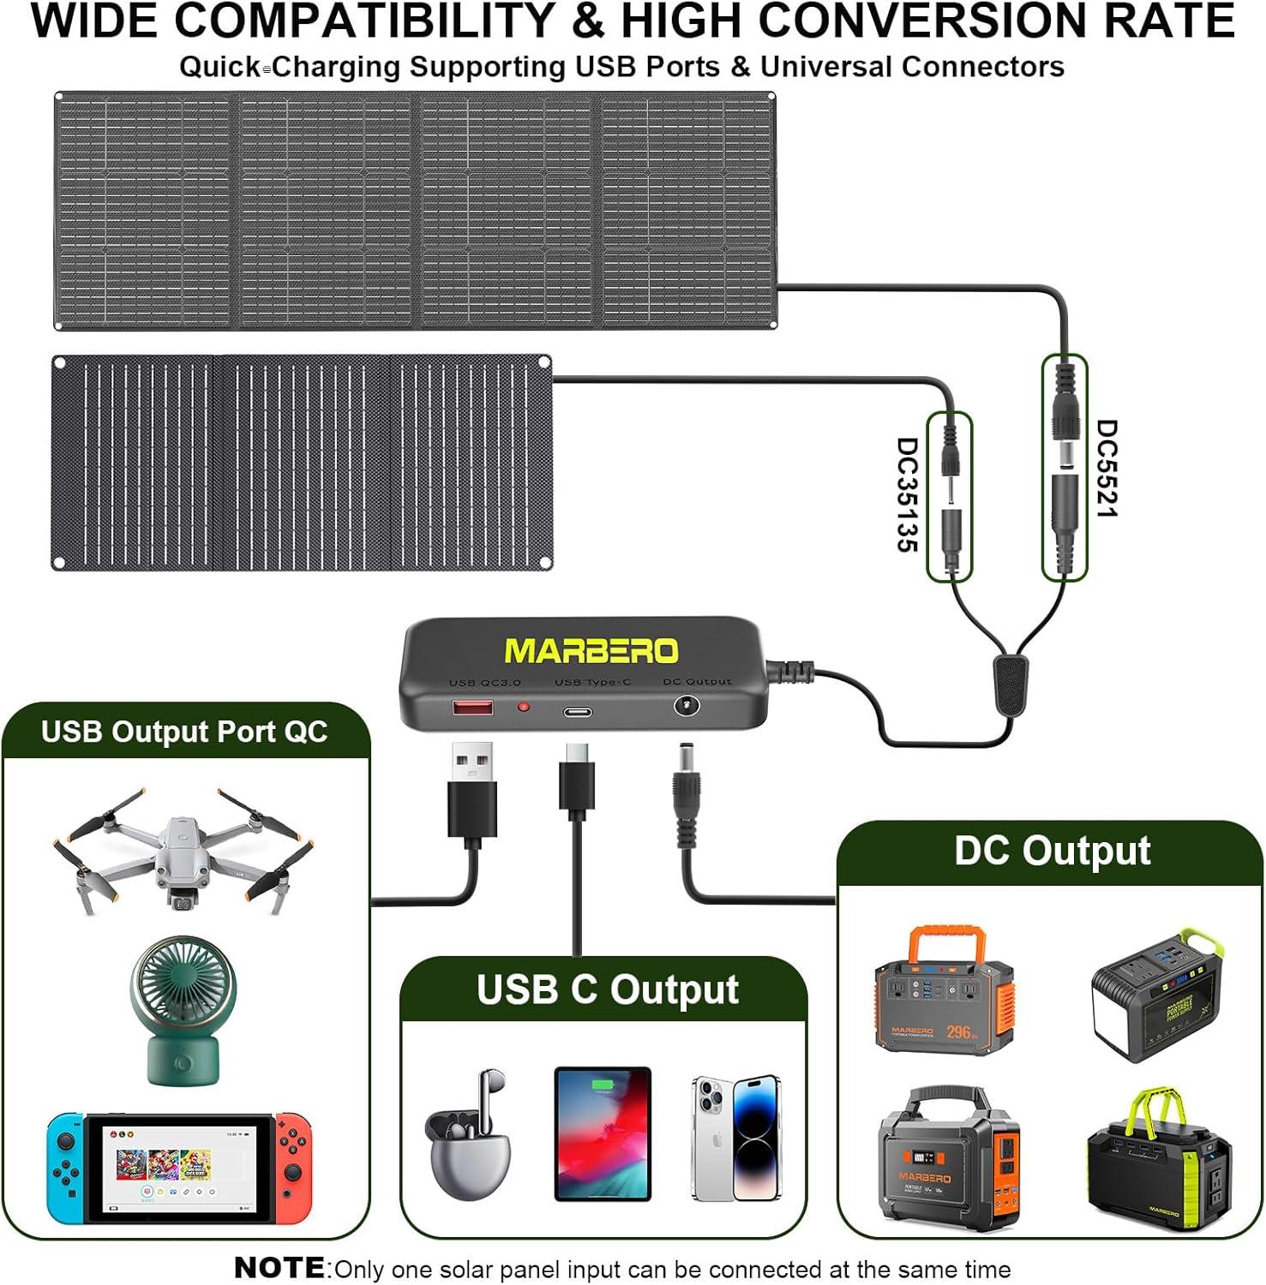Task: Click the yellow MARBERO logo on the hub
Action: point(591,651)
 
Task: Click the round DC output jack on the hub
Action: point(686,706)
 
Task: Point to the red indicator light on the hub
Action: point(523,708)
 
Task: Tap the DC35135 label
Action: point(907,494)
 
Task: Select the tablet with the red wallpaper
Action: point(603,1133)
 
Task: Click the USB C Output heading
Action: point(607,989)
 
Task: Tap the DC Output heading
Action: point(1052,851)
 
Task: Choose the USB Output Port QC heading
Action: point(184,732)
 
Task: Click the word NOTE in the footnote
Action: point(279,1268)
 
